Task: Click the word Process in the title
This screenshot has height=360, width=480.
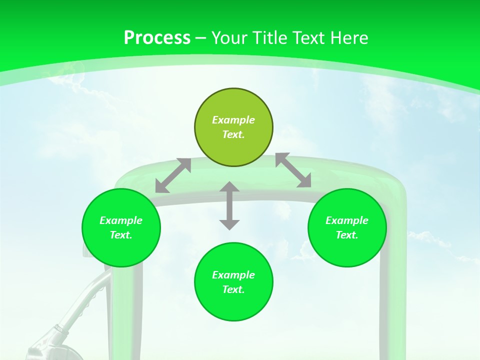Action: pyautogui.click(x=157, y=38)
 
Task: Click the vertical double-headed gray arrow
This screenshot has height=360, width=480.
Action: pyautogui.click(x=229, y=206)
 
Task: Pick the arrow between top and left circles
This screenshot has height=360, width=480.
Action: pyautogui.click(x=173, y=175)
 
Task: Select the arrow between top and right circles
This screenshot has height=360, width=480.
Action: pyautogui.click(x=293, y=170)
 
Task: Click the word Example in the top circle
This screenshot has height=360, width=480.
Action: pyautogui.click(x=233, y=120)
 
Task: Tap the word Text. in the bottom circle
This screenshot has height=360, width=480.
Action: pyautogui.click(x=233, y=289)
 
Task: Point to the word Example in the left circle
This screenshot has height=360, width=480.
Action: pyautogui.click(x=121, y=220)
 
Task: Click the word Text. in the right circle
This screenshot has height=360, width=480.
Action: pyautogui.click(x=346, y=235)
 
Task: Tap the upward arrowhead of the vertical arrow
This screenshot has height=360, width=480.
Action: pyautogui.click(x=229, y=187)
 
